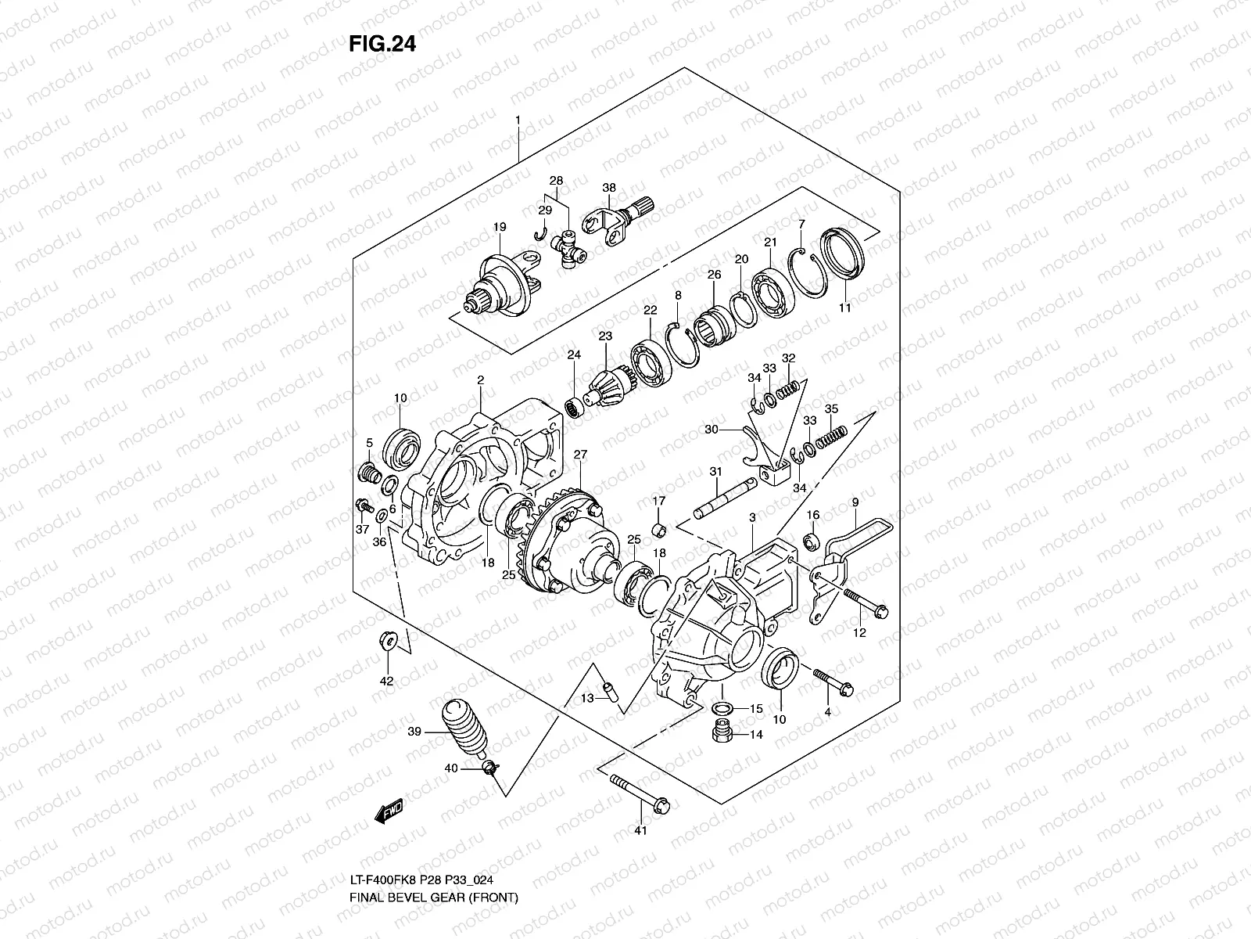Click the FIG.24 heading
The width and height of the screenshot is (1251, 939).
tap(382, 45)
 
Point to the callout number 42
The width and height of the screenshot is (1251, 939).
tap(386, 680)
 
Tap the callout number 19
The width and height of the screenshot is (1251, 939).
tap(500, 227)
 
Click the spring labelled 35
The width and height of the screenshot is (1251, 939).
tap(832, 437)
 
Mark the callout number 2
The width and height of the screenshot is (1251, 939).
tap(481, 380)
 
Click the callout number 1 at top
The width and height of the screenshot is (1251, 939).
tap(517, 121)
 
